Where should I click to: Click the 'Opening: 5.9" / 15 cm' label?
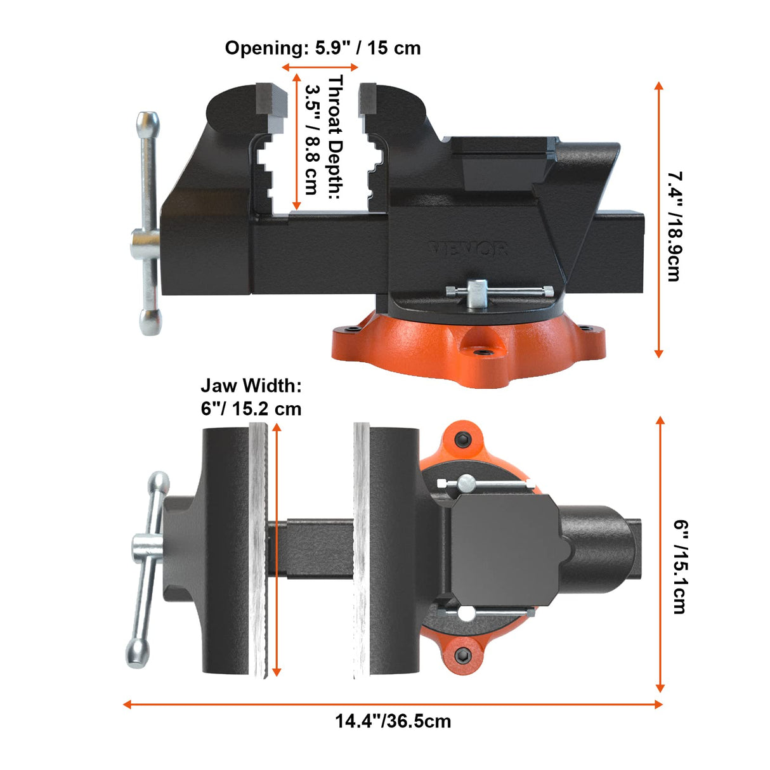322,48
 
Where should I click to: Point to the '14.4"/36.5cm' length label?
393,721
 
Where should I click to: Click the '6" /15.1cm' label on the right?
679,566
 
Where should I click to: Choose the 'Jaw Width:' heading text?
251,385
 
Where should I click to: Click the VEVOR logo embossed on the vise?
468,248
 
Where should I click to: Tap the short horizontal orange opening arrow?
320,67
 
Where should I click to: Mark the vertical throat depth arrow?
296,141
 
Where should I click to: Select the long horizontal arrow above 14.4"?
393,704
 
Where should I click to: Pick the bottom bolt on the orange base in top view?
462,655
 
